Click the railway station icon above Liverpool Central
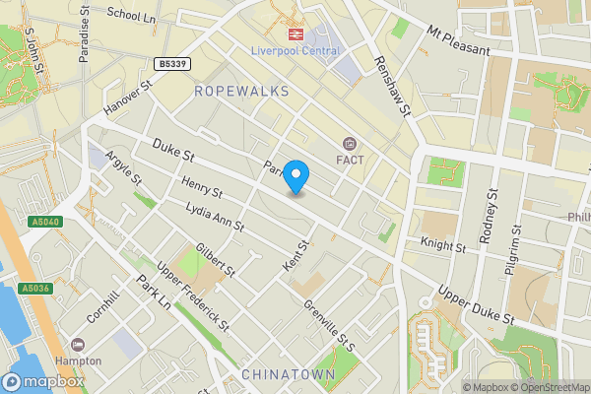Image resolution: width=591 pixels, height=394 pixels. click(x=293, y=33)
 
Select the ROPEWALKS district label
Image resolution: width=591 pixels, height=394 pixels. click(x=241, y=91)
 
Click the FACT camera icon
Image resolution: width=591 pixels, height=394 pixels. click(x=349, y=143)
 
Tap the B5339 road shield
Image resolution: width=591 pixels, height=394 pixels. click(x=171, y=63)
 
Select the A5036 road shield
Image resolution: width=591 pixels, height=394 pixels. click(x=33, y=289)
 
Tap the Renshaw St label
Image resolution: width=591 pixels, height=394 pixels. click(x=390, y=87)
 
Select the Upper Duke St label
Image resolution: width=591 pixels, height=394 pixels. click(x=477, y=306)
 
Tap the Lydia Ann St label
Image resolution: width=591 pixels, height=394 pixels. click(x=216, y=218)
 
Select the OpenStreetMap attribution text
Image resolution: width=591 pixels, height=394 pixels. click(x=548, y=387)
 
